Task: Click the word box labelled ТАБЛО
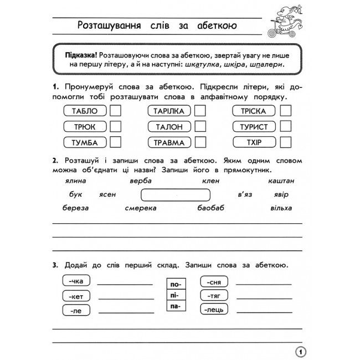pyautogui.click(x=85, y=111)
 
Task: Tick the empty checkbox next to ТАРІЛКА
pyautogui.click(x=199, y=111)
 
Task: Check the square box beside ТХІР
pyautogui.click(x=285, y=142)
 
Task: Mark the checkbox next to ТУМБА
pyautogui.click(x=116, y=142)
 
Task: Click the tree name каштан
pyautogui.click(x=281, y=181)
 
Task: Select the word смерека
pyautogui.click(x=142, y=208)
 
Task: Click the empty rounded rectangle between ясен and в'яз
pyautogui.click(x=176, y=195)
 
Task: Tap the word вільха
pyautogui.click(x=282, y=208)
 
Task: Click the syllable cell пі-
pyautogui.click(x=175, y=295)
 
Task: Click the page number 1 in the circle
pyautogui.click(x=300, y=351)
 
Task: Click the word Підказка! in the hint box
pyautogui.click(x=81, y=54)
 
